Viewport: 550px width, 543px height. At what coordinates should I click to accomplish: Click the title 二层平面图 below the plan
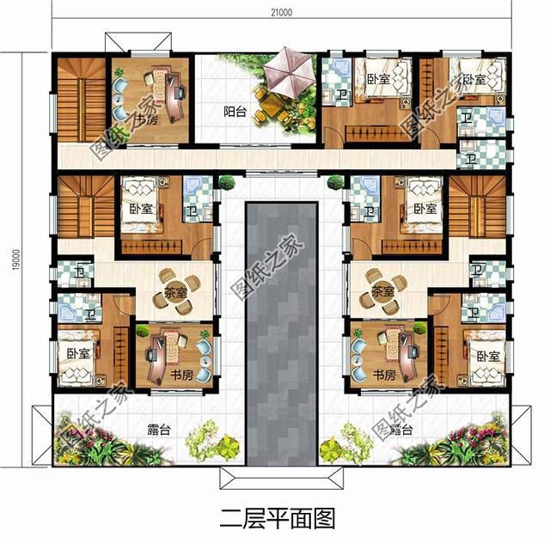276,519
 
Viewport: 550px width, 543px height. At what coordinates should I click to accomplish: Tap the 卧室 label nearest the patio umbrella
374,79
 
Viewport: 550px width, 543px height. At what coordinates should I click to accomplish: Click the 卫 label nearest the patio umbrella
341,96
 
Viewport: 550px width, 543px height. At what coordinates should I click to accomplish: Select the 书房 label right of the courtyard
384,375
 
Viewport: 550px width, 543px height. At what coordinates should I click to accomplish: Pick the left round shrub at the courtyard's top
227,182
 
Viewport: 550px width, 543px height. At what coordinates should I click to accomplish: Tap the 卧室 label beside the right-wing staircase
420,209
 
